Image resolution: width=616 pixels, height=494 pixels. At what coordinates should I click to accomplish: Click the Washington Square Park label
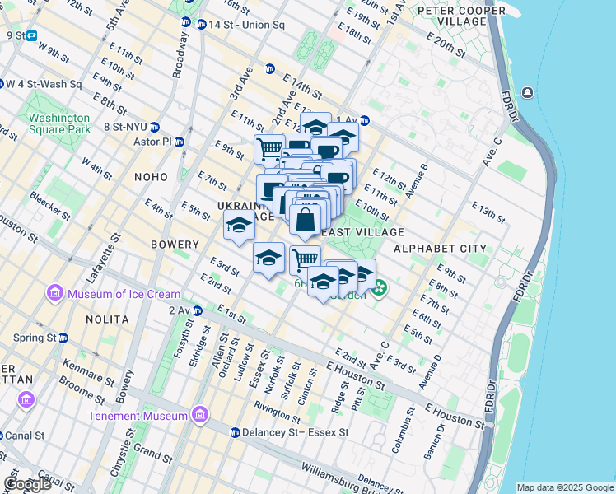(59, 123)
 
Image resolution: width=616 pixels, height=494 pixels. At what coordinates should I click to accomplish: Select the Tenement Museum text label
(138, 416)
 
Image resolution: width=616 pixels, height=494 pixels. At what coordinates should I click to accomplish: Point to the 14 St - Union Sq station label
(245, 25)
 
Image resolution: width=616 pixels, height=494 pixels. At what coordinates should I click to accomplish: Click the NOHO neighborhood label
(147, 177)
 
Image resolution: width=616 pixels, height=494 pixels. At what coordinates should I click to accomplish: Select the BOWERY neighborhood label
(175, 245)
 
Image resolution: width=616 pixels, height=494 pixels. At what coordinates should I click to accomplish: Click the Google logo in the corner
(27, 484)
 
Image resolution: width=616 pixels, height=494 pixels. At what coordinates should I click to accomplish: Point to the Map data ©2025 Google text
(565, 487)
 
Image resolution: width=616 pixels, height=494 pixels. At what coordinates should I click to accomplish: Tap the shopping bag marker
(305, 220)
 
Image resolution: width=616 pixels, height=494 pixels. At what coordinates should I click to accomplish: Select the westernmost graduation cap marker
(239, 225)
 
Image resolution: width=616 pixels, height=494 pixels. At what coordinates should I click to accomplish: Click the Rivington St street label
(278, 406)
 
